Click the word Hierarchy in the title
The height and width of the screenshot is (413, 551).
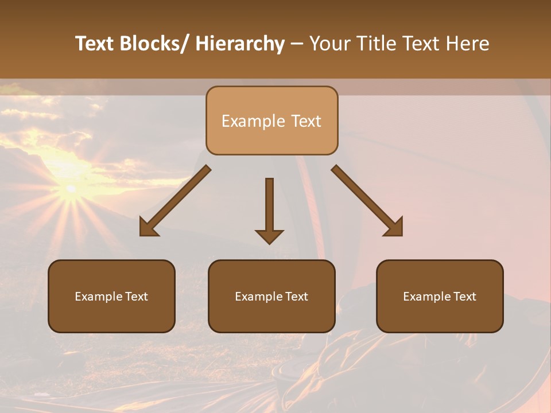click(x=239, y=44)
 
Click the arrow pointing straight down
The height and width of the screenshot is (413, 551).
click(x=269, y=206)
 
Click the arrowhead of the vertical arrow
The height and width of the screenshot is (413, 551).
click(x=269, y=235)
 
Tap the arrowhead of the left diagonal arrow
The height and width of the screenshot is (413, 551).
click(x=149, y=227)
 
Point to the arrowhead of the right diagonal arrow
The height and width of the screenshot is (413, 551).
click(x=394, y=227)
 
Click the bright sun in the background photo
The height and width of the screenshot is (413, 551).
click(x=71, y=188)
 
